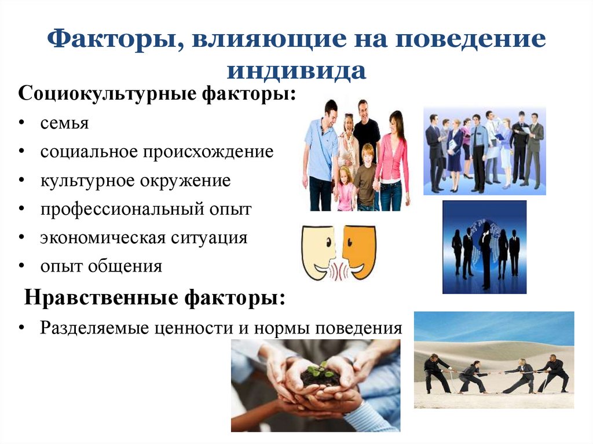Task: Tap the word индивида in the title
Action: click(x=296, y=71)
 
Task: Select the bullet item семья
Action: click(x=64, y=124)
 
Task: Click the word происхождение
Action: click(x=208, y=152)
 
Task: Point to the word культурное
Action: click(x=88, y=181)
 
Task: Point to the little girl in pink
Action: click(x=345, y=188)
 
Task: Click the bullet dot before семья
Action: click(x=21, y=123)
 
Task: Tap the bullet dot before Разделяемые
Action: click(x=21, y=328)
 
